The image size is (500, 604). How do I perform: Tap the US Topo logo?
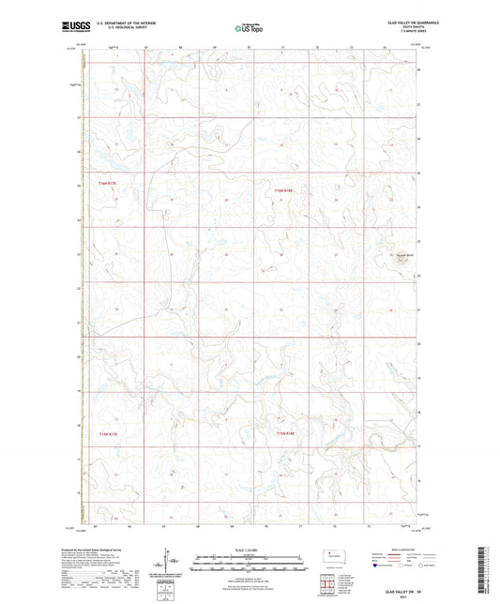(249, 28)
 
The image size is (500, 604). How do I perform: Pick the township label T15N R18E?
(285, 433)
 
